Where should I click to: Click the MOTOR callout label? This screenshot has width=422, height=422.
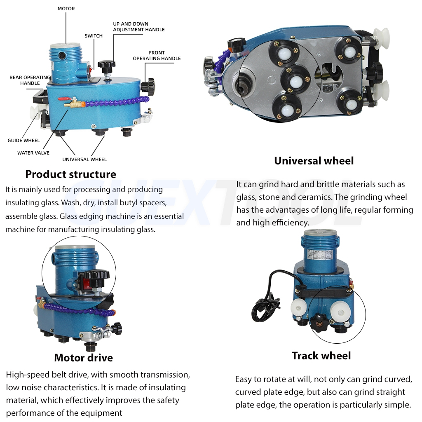pos(66,9)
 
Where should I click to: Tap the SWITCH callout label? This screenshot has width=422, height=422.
pos(94,36)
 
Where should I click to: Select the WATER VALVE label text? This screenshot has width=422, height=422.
pos(33,153)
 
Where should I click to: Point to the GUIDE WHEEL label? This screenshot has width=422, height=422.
pos(23,141)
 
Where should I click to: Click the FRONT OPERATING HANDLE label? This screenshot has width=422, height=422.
pos(157,56)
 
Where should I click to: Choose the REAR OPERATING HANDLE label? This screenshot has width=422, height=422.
pos(30,80)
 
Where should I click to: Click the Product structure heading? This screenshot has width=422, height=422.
pos(70,174)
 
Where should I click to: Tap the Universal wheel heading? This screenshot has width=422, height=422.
pos(314,161)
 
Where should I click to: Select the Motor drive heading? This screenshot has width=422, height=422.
pos(83,357)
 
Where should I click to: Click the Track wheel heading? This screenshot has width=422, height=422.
pos(321,356)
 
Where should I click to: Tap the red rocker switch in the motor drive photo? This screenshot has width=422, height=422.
pos(87,282)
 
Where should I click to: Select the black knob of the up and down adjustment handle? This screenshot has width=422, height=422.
pos(106,65)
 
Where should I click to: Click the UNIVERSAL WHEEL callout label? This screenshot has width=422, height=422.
pos(84,159)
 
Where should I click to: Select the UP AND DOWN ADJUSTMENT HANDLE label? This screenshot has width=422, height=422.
pos(138,27)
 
